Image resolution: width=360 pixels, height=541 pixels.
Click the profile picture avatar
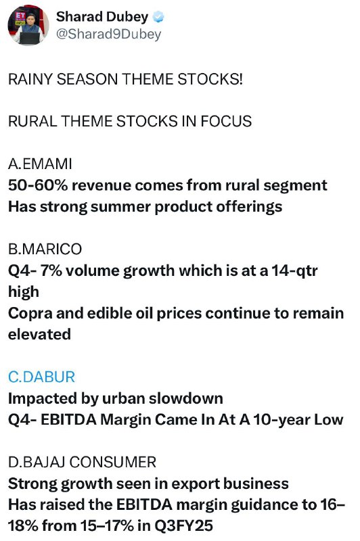28,25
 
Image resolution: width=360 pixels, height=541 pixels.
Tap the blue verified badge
158,17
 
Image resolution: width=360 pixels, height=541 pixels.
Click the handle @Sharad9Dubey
108,34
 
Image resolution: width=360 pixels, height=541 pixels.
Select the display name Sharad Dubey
102,16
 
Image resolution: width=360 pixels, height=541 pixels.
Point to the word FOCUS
226,122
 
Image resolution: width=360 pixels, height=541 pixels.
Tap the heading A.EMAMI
40,164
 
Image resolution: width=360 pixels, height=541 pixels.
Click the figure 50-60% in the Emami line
38,185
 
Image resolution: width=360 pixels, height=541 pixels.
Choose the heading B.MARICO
45,249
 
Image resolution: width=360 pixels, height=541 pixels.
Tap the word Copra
30,313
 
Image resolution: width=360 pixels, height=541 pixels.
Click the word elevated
39,334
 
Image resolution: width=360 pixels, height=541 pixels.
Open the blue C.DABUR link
41,377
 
